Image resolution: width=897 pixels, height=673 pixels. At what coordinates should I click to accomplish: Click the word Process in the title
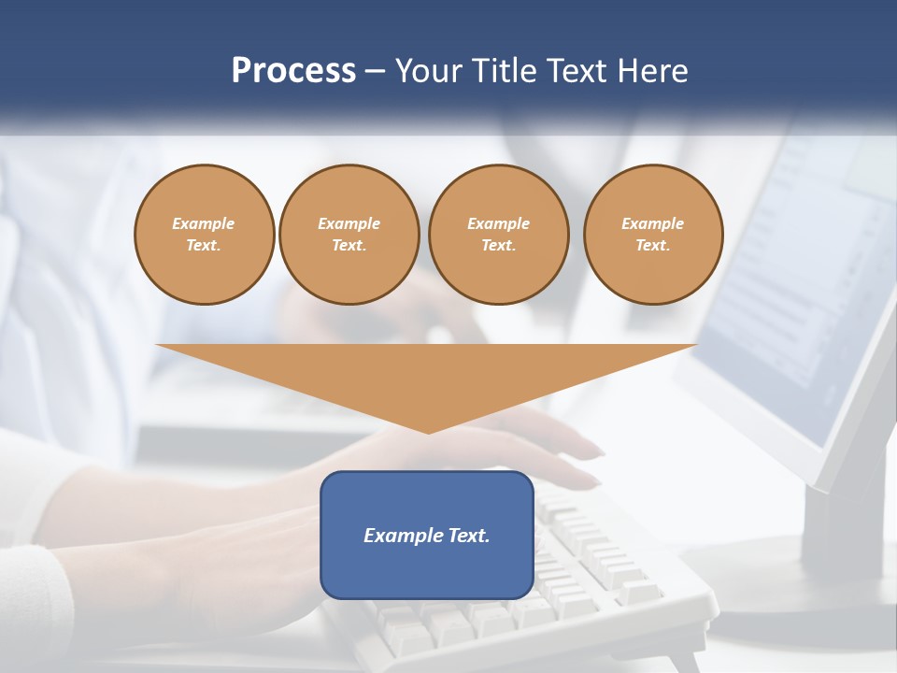(x=293, y=71)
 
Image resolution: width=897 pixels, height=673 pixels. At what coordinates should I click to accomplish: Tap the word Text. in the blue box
(x=468, y=536)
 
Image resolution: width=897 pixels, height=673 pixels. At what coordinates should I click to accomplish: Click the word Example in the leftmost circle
(x=204, y=223)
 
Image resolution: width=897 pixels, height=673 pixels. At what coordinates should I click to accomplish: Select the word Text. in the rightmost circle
(x=653, y=246)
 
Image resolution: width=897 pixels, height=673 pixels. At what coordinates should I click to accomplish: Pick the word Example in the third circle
(x=498, y=223)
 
